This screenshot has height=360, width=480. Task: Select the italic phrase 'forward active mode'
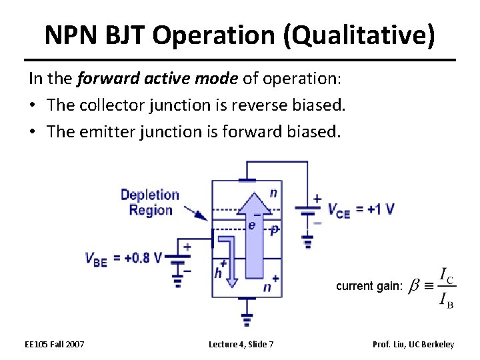coord(157,79)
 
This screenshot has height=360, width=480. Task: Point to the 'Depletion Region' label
coord(150,203)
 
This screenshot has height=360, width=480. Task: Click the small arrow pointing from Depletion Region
coord(195,213)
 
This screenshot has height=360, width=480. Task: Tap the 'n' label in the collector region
coord(273,193)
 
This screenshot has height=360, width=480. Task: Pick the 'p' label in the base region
coord(273,229)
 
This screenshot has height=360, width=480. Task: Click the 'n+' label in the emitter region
coord(270,286)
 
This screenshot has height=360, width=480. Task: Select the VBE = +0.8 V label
coord(124,259)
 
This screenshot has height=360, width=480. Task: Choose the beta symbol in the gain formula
coord(414,287)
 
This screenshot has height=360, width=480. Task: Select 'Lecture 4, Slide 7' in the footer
coord(241,344)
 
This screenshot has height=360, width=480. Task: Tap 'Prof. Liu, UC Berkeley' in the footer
coord(413,344)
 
